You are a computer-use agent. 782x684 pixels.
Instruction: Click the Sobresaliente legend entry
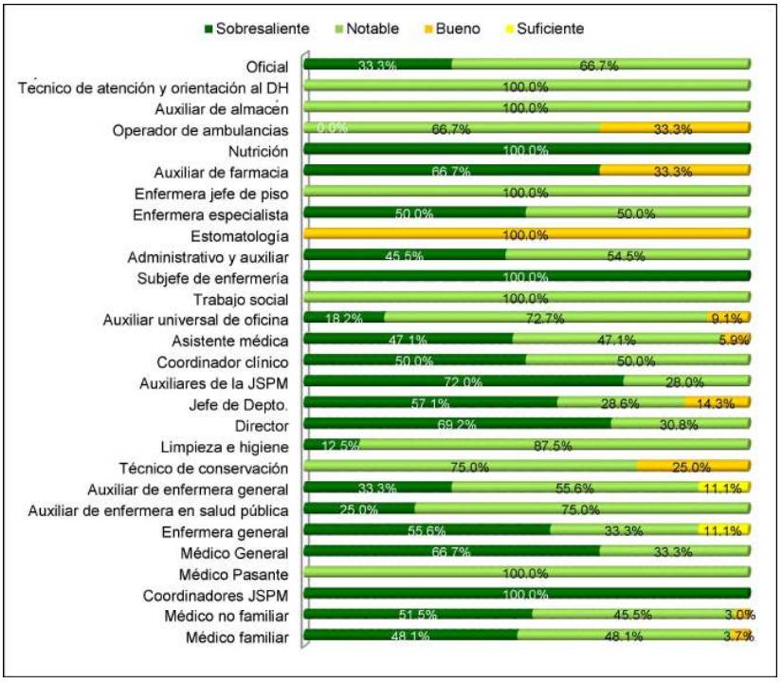coord(256,28)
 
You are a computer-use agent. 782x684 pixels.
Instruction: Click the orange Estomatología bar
coord(526,233)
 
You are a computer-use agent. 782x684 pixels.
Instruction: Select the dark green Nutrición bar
coord(526,148)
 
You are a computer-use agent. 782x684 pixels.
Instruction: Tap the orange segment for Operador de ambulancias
coord(675,127)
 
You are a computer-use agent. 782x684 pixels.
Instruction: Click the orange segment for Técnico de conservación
coord(693,466)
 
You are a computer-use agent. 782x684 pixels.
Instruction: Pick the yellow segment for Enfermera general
coord(724,529)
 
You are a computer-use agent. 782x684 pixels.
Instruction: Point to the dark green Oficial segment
coord(377,64)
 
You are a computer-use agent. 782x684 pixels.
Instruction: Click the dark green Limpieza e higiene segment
coord(331,445)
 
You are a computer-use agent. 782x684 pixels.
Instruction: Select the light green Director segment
coord(681,424)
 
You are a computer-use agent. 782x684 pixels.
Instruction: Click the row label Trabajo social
coord(242,298)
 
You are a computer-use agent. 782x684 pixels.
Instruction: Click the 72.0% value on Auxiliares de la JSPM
coord(464,382)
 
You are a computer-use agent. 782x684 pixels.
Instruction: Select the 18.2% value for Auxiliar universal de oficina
coord(343,319)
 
